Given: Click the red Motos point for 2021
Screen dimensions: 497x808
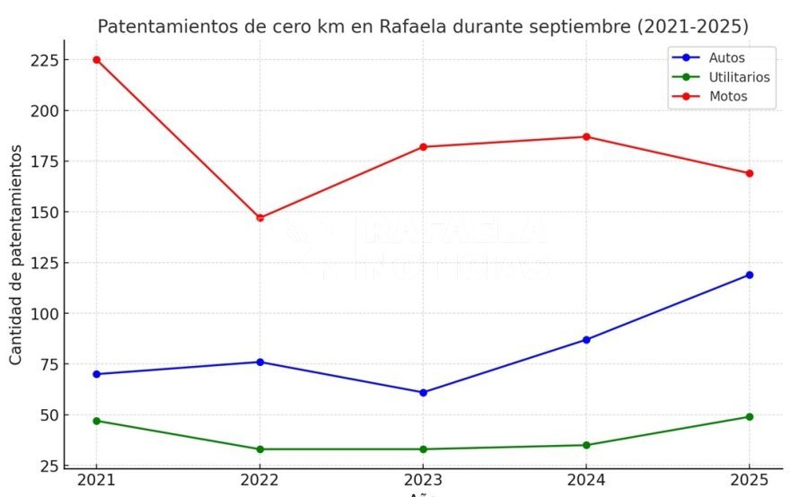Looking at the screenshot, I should click(x=96, y=60).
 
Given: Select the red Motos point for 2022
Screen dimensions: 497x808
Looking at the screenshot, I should click(x=259, y=218).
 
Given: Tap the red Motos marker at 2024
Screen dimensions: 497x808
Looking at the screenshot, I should click(x=586, y=136).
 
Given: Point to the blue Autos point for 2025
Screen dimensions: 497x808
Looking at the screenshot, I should click(x=750, y=275).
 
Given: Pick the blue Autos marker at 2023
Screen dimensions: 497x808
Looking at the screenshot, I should click(x=423, y=392).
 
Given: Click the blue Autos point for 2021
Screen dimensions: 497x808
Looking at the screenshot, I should click(x=96, y=374).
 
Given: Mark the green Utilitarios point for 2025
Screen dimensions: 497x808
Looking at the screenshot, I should click(x=750, y=416).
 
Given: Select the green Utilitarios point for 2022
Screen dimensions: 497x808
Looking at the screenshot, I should click(x=259, y=449).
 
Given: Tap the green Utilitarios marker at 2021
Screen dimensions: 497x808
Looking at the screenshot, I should click(x=96, y=421).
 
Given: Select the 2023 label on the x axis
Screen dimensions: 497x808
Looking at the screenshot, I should click(x=423, y=482).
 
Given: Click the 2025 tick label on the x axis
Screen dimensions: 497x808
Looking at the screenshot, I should click(x=750, y=482).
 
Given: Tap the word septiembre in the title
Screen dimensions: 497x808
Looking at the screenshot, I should click(x=585, y=27).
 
